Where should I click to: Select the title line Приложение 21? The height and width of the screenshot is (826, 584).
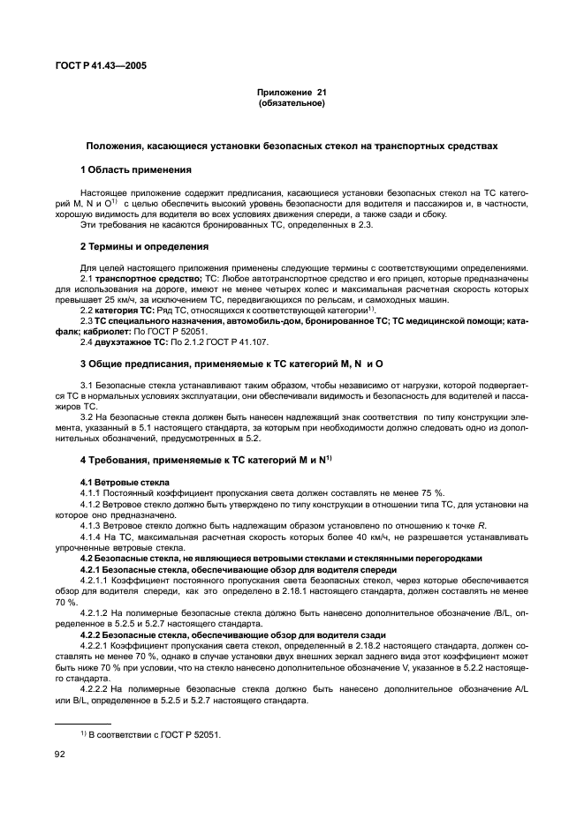[x=292, y=93]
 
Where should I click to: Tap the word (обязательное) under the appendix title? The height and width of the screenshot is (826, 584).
[x=292, y=103]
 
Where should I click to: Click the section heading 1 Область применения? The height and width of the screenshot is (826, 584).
[x=136, y=169]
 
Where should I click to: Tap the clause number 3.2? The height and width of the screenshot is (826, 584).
[x=87, y=416]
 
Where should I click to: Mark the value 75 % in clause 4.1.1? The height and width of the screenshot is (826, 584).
[x=428, y=492]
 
